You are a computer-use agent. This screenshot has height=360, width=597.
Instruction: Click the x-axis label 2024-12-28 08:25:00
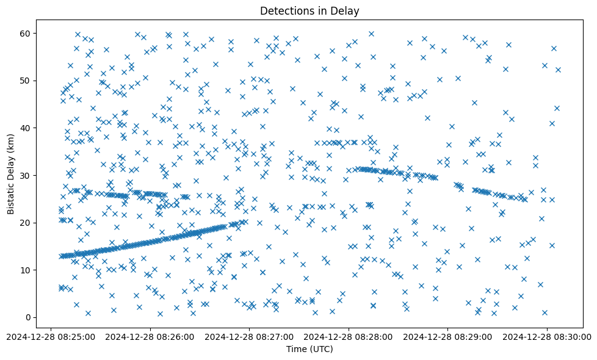coord(51,336)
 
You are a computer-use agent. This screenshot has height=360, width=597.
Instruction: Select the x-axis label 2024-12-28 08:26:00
coord(150,336)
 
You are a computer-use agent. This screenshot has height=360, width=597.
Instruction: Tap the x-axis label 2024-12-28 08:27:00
coord(250,336)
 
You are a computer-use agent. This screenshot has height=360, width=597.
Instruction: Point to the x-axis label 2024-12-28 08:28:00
coord(349,336)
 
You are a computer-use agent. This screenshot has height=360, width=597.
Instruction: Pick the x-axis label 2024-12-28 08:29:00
coord(448,336)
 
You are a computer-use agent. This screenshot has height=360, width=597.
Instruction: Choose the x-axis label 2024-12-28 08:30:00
coord(547,336)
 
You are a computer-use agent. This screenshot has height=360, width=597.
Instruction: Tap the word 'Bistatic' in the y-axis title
coord(12,195)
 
